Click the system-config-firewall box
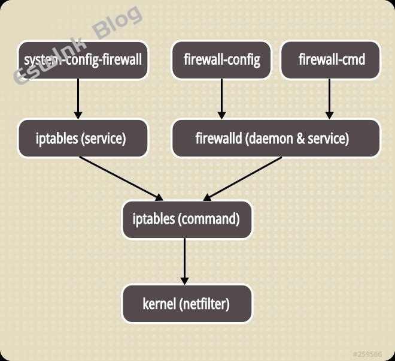tap(83, 60)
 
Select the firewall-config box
tap(221, 60)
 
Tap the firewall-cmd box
tap(330, 60)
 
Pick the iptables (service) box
tap(83, 139)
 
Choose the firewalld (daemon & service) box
tap(276, 139)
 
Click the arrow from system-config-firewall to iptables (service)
tap(78, 98)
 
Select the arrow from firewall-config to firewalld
tap(221, 98)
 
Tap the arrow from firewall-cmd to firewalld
tap(329, 98)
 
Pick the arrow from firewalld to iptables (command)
tap(242, 179)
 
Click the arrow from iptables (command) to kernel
tap(185, 261)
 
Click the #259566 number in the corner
tap(367, 354)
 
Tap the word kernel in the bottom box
tap(159, 303)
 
